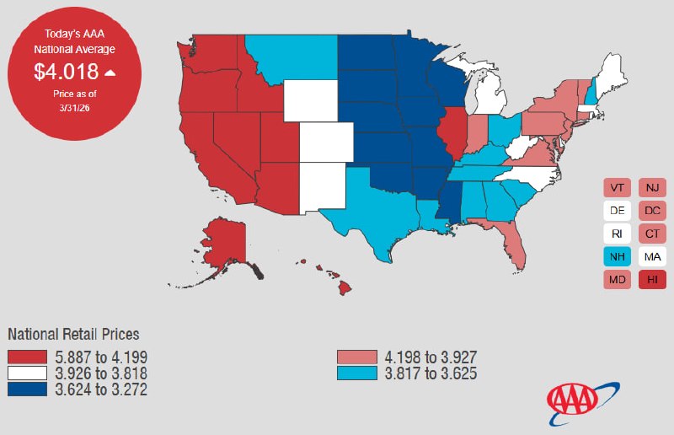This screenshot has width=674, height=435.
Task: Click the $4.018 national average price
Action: point(67,72)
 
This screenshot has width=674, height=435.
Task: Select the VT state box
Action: point(617,188)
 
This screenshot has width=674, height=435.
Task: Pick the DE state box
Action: point(617,211)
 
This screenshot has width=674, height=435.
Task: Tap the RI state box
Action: point(617,234)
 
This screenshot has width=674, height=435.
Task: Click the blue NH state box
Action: point(617,256)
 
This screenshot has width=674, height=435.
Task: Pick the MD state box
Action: point(617,279)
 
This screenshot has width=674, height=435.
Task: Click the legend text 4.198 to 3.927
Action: point(429,357)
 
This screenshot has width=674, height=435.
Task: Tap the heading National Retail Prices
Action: point(73,334)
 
